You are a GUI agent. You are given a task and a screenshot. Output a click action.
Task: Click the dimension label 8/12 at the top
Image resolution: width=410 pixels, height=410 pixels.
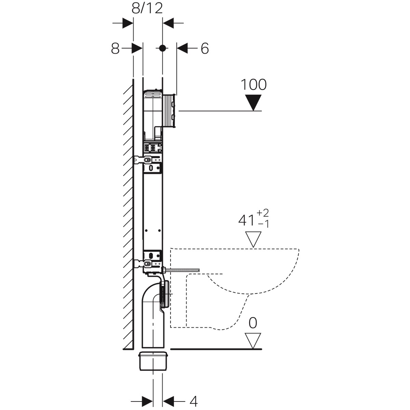[147, 9]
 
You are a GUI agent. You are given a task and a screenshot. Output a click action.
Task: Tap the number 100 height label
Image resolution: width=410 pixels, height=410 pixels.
[254, 84]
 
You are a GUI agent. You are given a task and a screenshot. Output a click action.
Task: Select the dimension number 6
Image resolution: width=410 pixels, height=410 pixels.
[205, 49]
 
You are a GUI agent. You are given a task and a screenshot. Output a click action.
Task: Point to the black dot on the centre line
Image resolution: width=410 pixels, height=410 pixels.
[163, 48]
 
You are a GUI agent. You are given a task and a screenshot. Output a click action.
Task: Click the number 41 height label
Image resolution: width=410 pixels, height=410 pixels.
[246, 221]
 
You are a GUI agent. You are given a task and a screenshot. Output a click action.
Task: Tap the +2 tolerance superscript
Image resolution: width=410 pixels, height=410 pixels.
[263, 213]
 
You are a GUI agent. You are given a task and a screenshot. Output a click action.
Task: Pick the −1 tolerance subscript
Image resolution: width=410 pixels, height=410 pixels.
[263, 224]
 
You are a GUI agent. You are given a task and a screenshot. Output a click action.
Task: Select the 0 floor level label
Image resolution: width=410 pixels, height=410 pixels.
[253, 323]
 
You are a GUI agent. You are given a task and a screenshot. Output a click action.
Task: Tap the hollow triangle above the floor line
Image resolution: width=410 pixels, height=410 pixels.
[253, 341]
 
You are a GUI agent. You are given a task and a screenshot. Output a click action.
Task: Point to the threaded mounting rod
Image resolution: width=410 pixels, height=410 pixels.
[182, 270]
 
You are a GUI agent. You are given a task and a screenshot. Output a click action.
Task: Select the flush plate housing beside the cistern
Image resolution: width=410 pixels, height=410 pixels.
[169, 111]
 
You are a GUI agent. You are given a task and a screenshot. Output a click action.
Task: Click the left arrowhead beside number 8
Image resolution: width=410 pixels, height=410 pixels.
[137, 49]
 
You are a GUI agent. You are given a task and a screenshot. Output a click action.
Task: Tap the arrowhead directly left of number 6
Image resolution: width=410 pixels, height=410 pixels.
[182, 49]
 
